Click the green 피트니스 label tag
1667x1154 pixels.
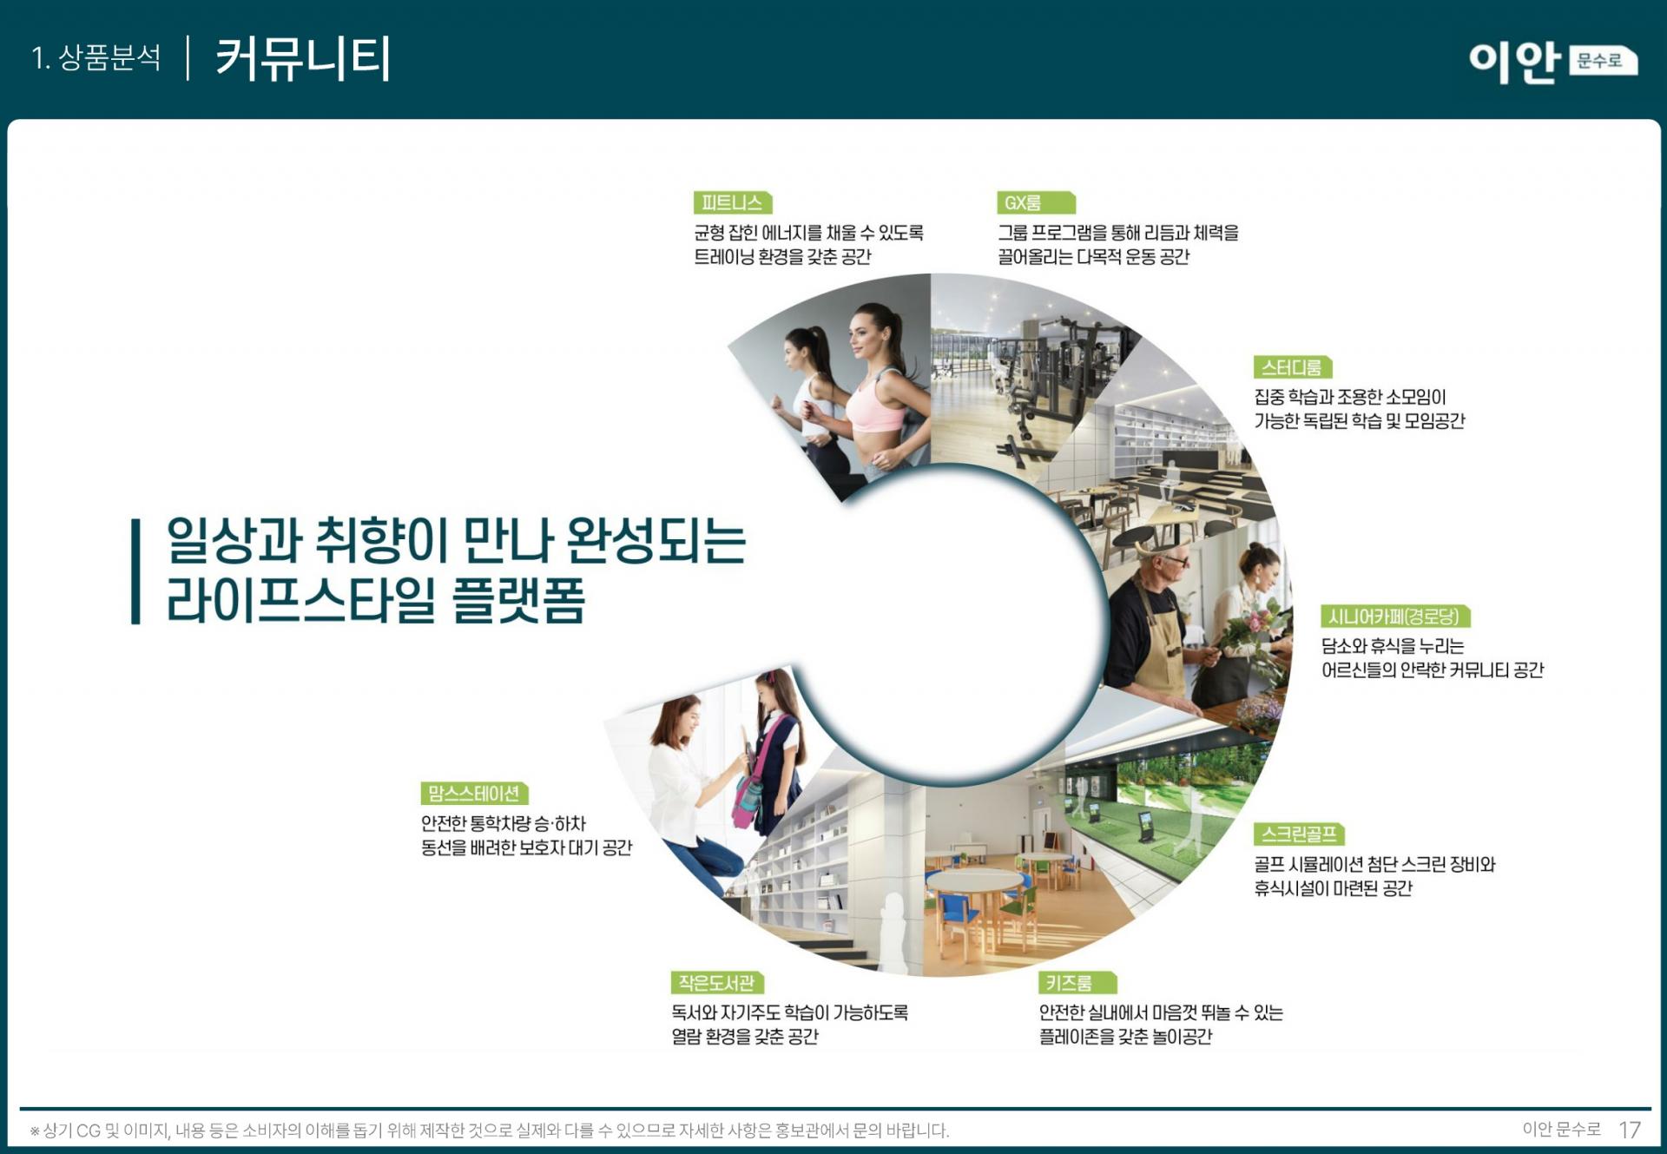pos(733,202)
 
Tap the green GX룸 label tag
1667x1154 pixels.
pos(1036,202)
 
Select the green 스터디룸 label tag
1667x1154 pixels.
pos(1292,367)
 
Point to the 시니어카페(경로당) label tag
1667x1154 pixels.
pos(1395,617)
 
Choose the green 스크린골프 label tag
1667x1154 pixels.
pos(1299,834)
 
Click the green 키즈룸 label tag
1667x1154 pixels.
pos(1077,983)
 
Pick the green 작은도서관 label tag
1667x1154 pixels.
pos(716,983)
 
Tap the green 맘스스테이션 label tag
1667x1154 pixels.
pos(474,794)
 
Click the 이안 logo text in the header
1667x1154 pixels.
pos(1514,62)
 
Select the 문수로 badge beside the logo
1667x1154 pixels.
pos(1602,61)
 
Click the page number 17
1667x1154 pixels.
pos(1630,1130)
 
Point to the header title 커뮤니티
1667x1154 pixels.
pos(303,59)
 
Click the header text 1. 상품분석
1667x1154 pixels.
pos(96,58)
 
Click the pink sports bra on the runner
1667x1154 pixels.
pos(875,405)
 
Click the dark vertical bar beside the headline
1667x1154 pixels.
pos(135,571)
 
